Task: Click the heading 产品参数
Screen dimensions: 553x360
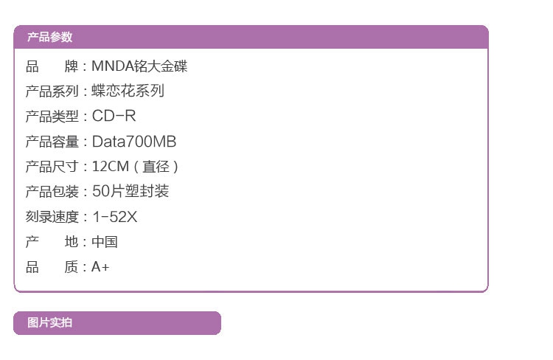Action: (x=49, y=38)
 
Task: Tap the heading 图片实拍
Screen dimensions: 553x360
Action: (x=49, y=322)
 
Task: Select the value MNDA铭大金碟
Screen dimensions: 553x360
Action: (x=139, y=66)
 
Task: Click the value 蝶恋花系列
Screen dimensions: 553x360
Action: (x=128, y=91)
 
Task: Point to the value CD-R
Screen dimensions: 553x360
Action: (x=114, y=117)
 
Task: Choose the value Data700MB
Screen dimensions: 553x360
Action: (x=133, y=142)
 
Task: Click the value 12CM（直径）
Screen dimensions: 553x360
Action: (x=135, y=167)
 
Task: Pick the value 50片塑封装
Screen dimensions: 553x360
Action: (x=130, y=192)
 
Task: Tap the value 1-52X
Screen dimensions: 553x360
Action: (x=114, y=217)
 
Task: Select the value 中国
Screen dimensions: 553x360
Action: (x=104, y=242)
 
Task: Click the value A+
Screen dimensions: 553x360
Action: (x=100, y=267)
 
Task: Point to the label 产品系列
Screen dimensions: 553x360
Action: (x=52, y=91)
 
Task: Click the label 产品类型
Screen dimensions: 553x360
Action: (x=52, y=117)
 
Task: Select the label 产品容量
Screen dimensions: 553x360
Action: (x=52, y=142)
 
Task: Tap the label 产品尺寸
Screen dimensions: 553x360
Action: (x=52, y=167)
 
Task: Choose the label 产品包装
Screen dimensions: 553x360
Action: (x=52, y=192)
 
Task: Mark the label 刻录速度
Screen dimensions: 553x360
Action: (x=52, y=217)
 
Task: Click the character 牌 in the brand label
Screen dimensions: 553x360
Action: (x=72, y=66)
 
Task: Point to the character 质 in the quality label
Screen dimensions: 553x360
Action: (x=72, y=267)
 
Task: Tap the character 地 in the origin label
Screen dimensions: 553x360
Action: (x=72, y=242)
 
